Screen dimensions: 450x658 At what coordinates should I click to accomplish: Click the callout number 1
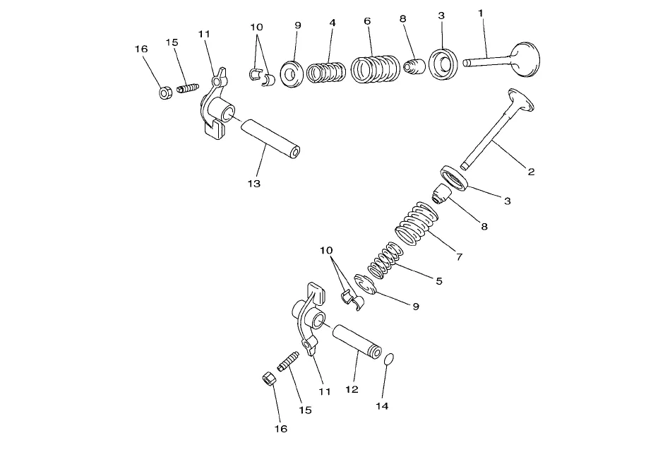click(x=481, y=13)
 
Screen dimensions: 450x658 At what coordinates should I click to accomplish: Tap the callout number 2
click(x=530, y=172)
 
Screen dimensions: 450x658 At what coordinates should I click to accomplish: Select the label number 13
click(x=254, y=184)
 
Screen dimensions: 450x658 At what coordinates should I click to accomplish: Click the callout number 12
click(x=352, y=389)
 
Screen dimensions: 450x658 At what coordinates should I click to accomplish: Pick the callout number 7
click(x=459, y=257)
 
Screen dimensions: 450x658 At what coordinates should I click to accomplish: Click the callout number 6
click(x=367, y=21)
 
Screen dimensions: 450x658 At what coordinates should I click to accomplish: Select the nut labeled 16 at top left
click(x=164, y=93)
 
